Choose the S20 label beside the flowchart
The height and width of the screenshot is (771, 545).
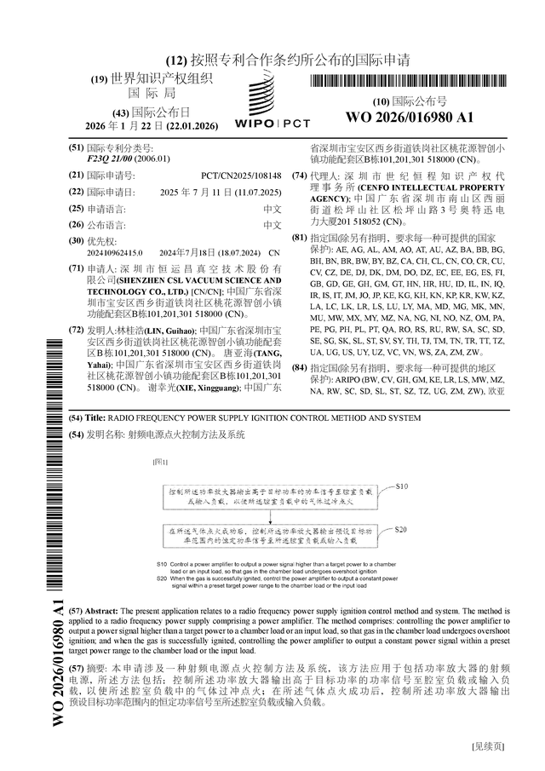click(x=401, y=528)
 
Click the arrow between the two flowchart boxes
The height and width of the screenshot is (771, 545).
click(x=269, y=517)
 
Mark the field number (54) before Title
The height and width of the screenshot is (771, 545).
click(x=75, y=418)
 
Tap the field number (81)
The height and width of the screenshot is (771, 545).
click(x=298, y=238)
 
